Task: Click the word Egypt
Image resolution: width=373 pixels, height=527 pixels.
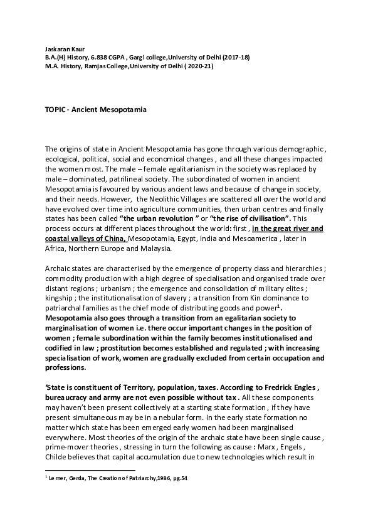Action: [x=182, y=238]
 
